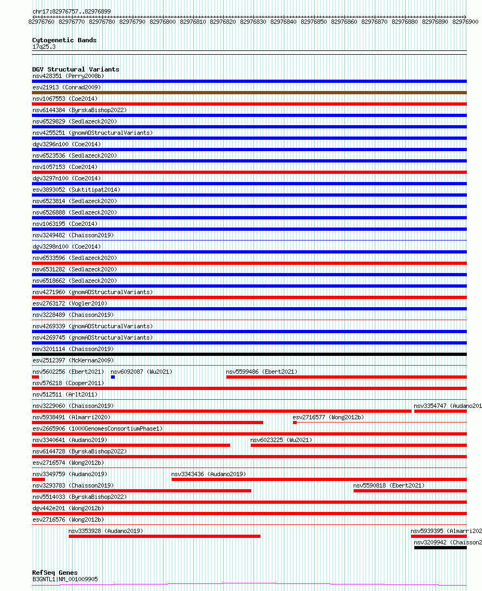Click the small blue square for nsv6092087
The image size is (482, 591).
[113, 377]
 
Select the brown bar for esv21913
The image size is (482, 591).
[249, 93]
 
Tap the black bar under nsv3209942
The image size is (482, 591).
[440, 548]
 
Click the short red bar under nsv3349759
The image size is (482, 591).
[38, 479]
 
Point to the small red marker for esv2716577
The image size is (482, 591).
[295, 423]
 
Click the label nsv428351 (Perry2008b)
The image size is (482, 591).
[68, 76]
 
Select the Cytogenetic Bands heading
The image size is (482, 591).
[64, 40]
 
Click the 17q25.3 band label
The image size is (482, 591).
[44, 47]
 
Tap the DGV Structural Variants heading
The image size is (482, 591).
[75, 69]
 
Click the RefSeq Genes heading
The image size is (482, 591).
[55, 573]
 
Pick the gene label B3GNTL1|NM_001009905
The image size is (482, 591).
[65, 579]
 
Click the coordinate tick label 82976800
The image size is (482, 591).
[162, 22]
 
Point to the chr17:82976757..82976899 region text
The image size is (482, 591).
[71, 11]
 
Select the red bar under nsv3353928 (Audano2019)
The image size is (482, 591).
[164, 536]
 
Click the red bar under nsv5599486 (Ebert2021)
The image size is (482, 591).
[346, 377]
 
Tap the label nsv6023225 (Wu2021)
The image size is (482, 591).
[281, 440]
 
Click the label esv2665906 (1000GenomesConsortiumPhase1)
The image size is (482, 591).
[97, 428]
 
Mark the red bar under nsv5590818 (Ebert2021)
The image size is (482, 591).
[409, 491]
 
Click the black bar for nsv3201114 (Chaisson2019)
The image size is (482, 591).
[249, 354]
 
